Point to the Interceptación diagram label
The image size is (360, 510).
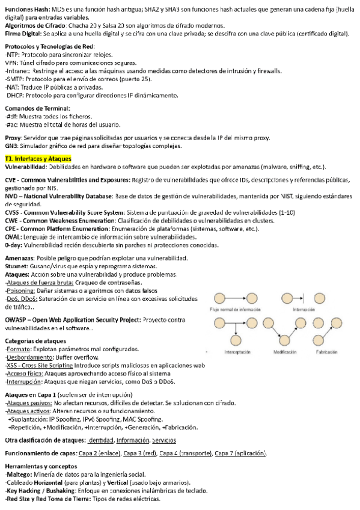coord(237,351)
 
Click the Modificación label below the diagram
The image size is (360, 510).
coord(287,351)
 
